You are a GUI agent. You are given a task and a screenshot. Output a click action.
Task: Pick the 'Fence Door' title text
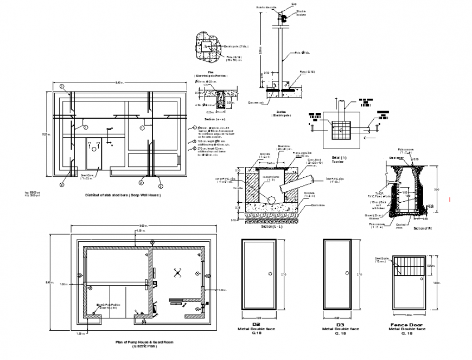coord(406,325)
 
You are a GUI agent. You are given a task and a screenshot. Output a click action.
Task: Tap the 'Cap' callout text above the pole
coord(294,4)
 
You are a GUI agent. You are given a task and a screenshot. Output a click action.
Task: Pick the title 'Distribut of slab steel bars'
coord(123,195)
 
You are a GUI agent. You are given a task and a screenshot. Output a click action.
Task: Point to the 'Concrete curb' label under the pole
coord(256,102)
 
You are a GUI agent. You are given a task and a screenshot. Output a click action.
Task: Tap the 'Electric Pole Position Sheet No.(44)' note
coord(107,306)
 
